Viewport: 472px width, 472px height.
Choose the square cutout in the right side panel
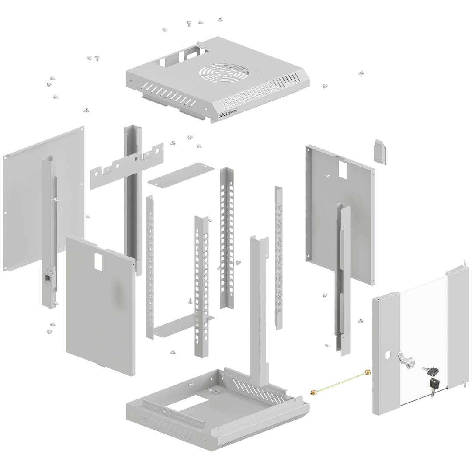pos(343,170)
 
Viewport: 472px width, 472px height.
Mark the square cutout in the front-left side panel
pos(98,262)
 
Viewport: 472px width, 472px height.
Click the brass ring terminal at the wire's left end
pos(314,392)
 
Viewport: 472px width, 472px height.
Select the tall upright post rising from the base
pos(259,306)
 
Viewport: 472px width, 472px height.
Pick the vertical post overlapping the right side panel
pos(344,280)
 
